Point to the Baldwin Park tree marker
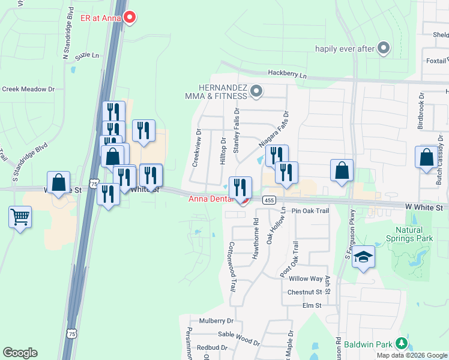pos(400,343)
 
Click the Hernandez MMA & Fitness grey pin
pos(256,92)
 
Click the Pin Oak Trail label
pos(311,211)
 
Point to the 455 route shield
pos(268,200)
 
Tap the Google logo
pos(20,353)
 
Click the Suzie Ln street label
pos(87,55)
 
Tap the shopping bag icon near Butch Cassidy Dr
pos(426,157)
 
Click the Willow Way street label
pos(306,279)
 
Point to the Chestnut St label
pos(304,292)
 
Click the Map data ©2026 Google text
pos(412,355)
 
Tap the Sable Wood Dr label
pos(239,338)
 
